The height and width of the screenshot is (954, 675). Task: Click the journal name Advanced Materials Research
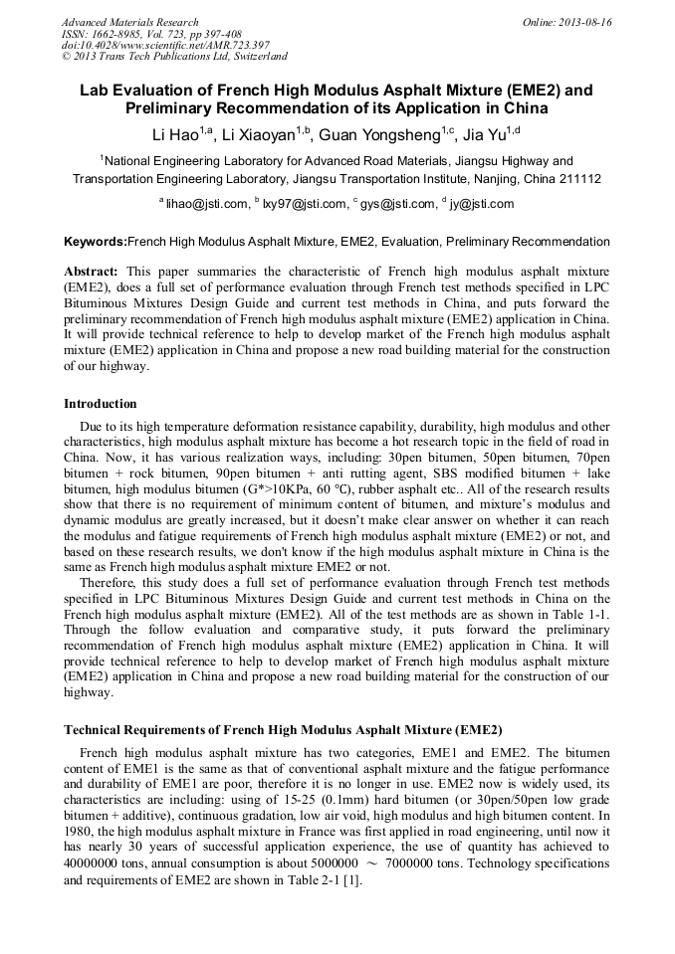click(129, 22)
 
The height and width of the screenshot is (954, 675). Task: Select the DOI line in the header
click(165, 45)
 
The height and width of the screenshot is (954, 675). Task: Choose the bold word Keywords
click(96, 242)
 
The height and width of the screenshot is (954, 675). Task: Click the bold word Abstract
click(91, 271)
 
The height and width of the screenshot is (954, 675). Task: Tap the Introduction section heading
click(101, 404)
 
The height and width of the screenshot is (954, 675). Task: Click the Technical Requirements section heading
click(283, 729)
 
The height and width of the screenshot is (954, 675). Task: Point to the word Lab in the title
click(95, 90)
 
